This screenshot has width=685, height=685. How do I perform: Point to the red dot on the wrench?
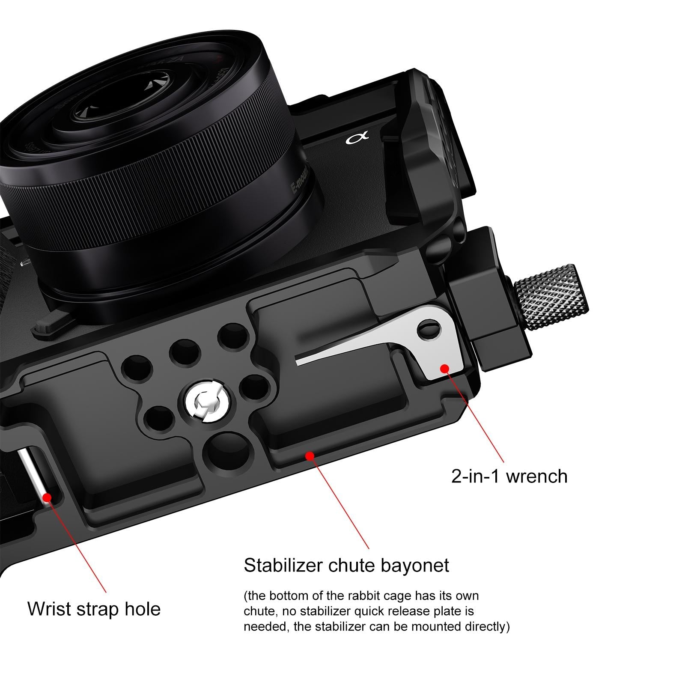[x=444, y=368]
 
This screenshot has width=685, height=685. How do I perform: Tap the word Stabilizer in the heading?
[x=283, y=565]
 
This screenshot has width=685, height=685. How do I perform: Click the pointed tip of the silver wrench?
[x=300, y=362]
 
